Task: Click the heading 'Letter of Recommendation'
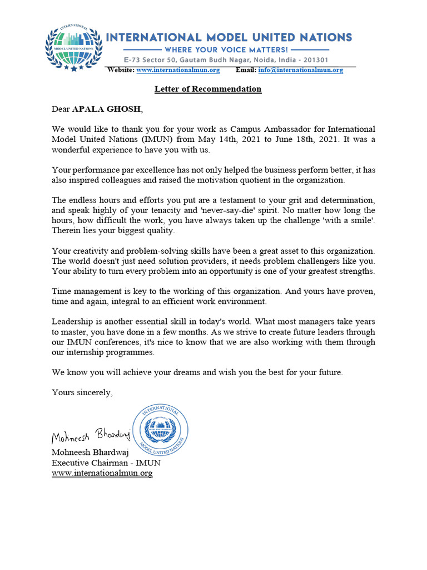tap(207, 89)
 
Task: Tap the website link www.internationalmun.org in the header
tap(178, 70)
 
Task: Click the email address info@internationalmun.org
tap(300, 70)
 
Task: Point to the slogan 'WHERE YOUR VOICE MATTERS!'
tap(229, 50)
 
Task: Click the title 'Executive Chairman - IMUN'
tap(106, 463)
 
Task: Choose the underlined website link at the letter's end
tap(102, 473)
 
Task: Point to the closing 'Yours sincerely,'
tap(82, 392)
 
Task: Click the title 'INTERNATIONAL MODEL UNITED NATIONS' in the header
tap(229, 37)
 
